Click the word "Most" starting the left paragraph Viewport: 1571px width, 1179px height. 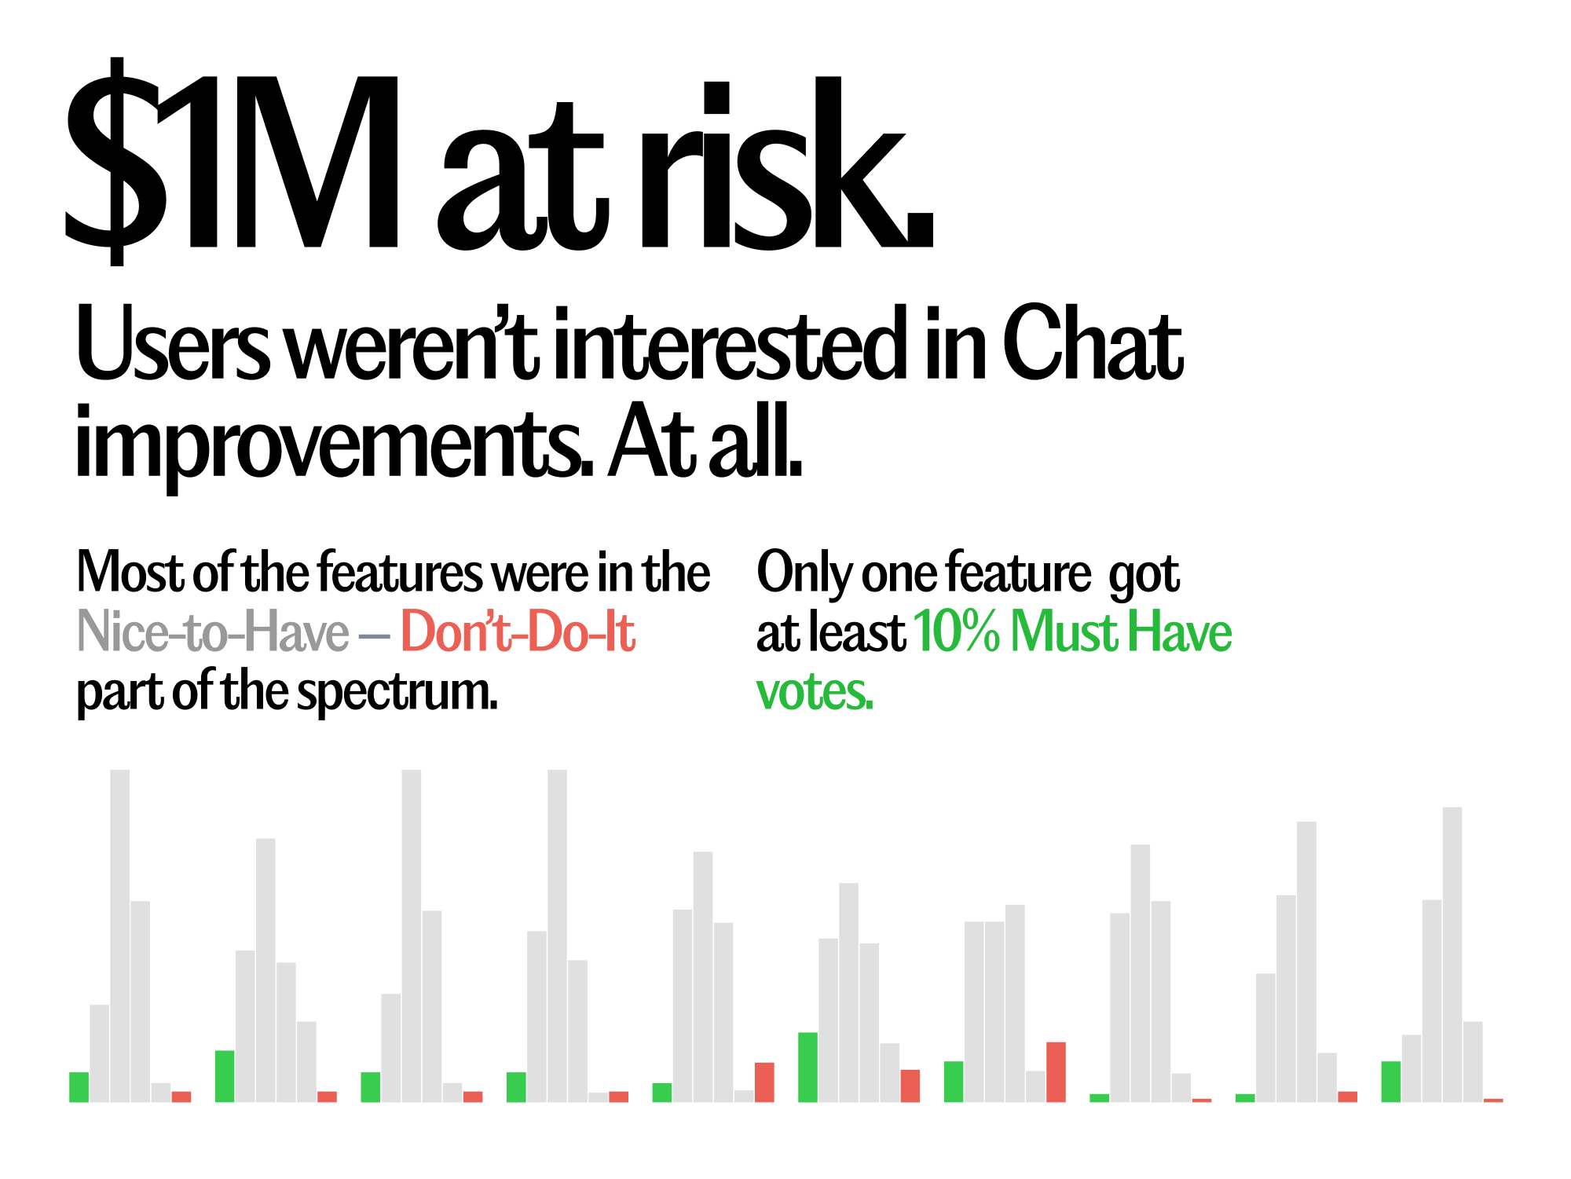tap(130, 572)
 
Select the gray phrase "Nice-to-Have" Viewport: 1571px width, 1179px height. tap(213, 632)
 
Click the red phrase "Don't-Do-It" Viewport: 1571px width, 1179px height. tap(518, 632)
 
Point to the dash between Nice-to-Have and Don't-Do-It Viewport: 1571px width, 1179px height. tap(375, 635)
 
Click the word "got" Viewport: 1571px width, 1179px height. tap(1144, 575)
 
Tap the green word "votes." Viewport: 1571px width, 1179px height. tap(815, 692)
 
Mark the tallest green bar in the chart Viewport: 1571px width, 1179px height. tap(807, 1067)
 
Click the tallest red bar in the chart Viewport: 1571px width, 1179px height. tap(1056, 1072)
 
